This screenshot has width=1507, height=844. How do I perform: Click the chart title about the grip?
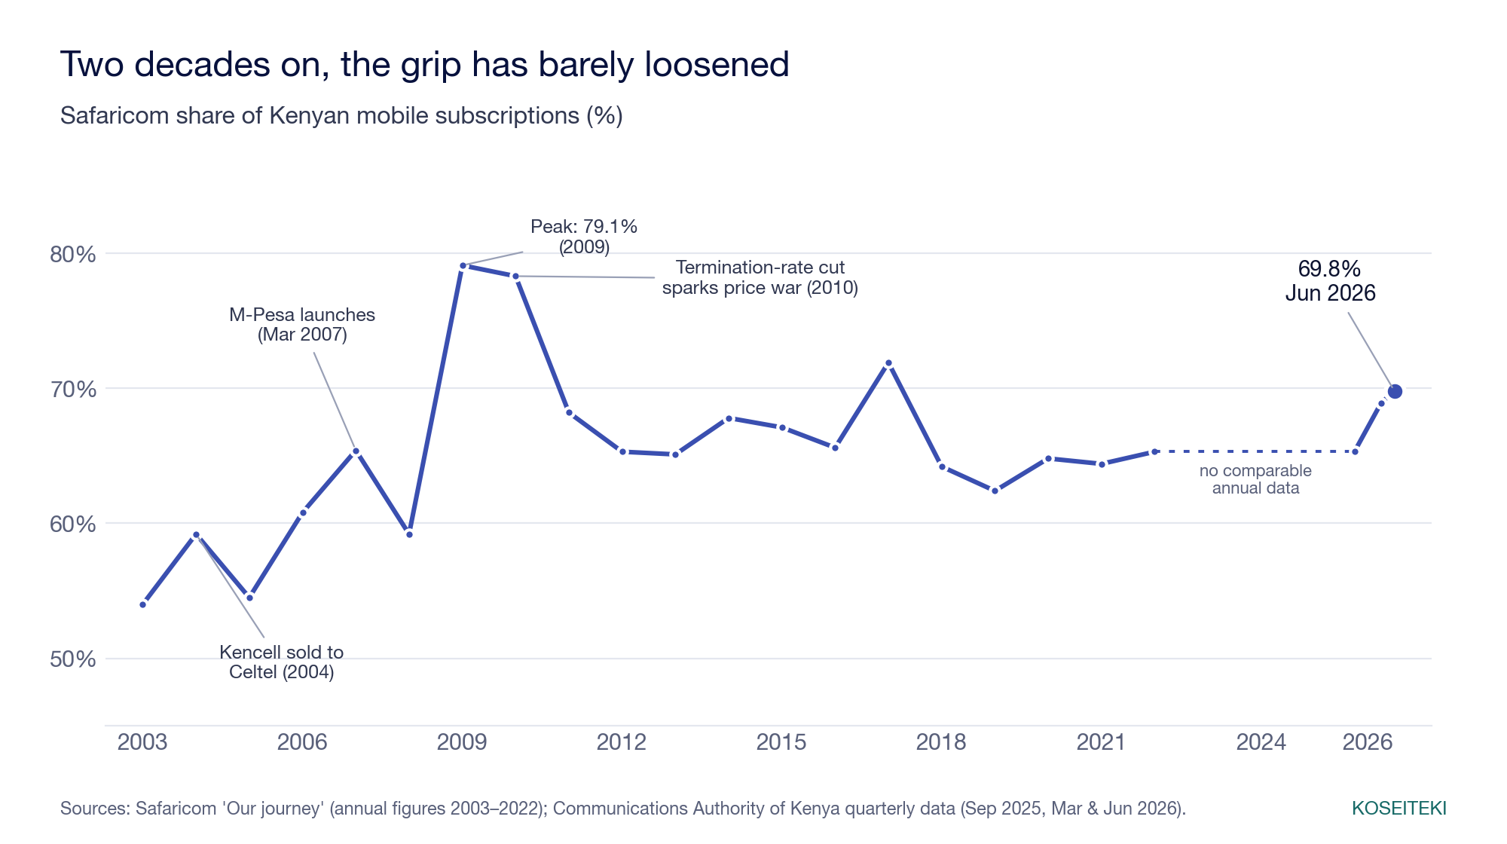pyautogui.click(x=424, y=65)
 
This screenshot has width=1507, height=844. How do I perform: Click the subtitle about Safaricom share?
pyautogui.click(x=341, y=116)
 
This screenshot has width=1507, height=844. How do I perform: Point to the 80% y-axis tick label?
pyautogui.click(x=73, y=255)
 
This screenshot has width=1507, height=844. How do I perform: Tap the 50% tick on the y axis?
pyautogui.click(x=73, y=659)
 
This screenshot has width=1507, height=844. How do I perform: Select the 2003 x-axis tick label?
pyautogui.click(x=142, y=742)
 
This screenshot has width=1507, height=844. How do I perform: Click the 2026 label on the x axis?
pyautogui.click(x=1368, y=742)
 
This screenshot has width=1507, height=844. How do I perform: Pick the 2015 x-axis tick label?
pyautogui.click(x=781, y=742)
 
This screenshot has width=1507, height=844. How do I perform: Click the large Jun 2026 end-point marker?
pyautogui.click(x=1395, y=391)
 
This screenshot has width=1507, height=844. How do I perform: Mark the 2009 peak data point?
pyautogui.click(x=463, y=266)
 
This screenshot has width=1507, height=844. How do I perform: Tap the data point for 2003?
pyautogui.click(x=143, y=604)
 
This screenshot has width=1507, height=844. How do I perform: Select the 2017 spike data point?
pyautogui.click(x=888, y=363)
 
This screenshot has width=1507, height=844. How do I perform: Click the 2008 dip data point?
pyautogui.click(x=409, y=534)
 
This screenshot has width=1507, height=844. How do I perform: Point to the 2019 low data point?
pyautogui.click(x=995, y=491)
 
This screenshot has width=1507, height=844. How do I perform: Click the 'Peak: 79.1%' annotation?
pyautogui.click(x=584, y=237)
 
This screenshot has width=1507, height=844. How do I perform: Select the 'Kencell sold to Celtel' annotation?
pyautogui.click(x=281, y=662)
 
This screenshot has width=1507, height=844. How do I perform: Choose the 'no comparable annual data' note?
pyautogui.click(x=1255, y=479)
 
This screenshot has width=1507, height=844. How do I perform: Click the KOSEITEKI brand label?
pyautogui.click(x=1399, y=809)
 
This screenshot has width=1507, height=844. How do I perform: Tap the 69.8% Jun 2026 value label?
pyautogui.click(x=1330, y=281)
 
